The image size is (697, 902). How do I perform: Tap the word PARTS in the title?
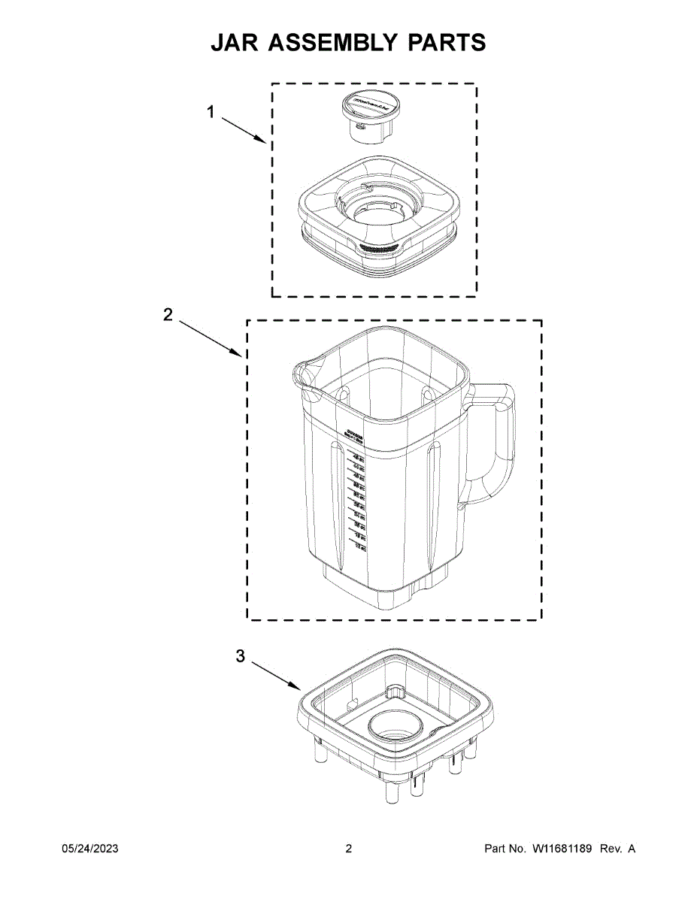(x=447, y=43)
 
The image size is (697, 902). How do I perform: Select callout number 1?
(x=211, y=112)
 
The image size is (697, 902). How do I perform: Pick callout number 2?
(x=168, y=315)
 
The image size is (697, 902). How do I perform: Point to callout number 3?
(x=241, y=656)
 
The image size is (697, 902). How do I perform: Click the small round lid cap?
(x=369, y=113)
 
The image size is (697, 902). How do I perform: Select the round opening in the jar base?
(x=396, y=725)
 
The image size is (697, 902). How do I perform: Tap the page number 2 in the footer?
(x=348, y=849)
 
